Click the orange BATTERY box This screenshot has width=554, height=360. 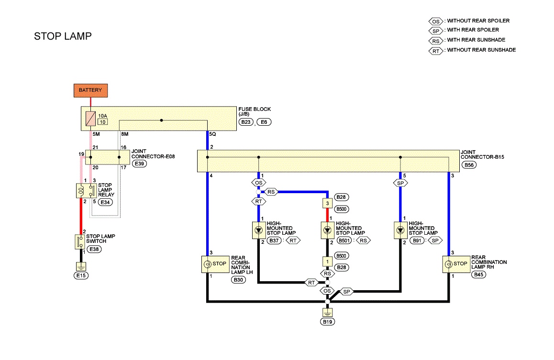click(x=90, y=90)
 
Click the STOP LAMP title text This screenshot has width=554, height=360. click(x=63, y=36)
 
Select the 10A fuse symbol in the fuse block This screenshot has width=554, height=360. click(x=90, y=119)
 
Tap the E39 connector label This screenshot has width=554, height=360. click(x=139, y=164)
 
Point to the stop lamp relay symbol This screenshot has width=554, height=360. click(x=86, y=191)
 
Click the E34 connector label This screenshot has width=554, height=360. click(x=105, y=202)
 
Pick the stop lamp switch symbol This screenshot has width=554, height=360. click(x=80, y=242)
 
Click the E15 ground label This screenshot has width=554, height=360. click(x=81, y=275)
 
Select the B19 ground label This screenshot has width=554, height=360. click(x=328, y=322)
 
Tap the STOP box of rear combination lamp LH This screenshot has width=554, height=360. click(x=215, y=264)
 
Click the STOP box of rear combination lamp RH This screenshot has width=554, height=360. click(x=456, y=264)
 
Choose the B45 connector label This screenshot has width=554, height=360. click(x=479, y=274)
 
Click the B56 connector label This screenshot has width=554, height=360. click(x=469, y=165)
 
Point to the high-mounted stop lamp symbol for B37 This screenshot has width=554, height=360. click(x=259, y=230)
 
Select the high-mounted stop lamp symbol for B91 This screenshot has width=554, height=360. click(x=400, y=230)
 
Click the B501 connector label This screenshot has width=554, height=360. click(x=344, y=240)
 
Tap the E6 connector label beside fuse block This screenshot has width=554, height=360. click(x=264, y=122)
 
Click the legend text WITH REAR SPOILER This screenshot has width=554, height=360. click(x=473, y=30)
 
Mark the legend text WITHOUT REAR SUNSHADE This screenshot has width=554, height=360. click(x=481, y=50)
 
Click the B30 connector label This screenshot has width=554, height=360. click(x=239, y=280)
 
